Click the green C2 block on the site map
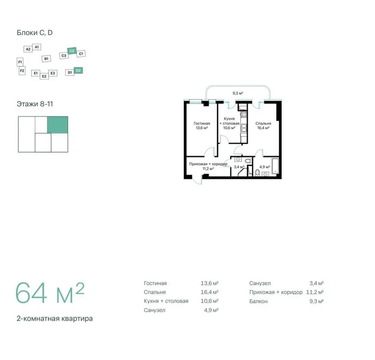coord(72,51)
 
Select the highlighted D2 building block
coord(78,70)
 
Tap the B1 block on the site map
coord(46,59)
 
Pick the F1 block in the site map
coord(20,62)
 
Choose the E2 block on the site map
coord(44,76)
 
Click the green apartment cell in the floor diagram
coord(57,125)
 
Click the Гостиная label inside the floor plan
coord(202,123)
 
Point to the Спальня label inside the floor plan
coord(263,123)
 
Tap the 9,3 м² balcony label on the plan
coord(238,93)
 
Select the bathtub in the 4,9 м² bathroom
coord(275,166)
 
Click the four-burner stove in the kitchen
coord(243,115)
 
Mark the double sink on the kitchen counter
coord(243,128)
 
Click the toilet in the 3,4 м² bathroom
coord(248,160)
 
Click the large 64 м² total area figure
coord(50,293)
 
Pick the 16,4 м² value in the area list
coord(210,292)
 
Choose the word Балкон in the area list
coord(258,301)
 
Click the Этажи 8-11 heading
coord(35,104)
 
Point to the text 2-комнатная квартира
coord(55,319)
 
